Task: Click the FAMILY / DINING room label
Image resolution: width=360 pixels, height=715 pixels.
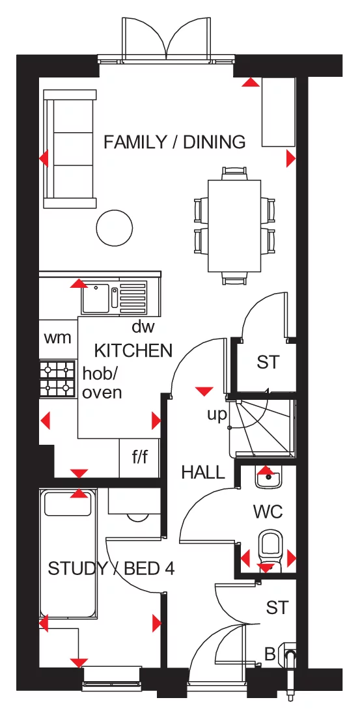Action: point(174,142)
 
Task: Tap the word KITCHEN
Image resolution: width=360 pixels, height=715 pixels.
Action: point(133,350)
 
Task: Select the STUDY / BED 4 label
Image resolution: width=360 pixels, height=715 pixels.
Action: point(111,568)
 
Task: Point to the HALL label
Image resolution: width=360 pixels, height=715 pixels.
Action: point(203,472)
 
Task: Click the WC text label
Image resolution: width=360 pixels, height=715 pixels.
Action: point(268,512)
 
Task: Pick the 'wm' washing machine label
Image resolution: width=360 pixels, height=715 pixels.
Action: point(58,339)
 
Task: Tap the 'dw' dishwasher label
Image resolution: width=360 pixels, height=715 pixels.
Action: point(143,327)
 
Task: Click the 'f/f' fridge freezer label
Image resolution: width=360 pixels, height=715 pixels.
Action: point(140,457)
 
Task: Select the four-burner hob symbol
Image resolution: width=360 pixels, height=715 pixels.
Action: point(57,380)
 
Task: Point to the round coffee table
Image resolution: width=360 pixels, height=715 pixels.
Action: point(115,227)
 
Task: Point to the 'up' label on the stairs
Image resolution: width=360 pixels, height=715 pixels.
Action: point(217,414)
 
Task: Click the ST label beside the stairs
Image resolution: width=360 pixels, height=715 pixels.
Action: point(267,362)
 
